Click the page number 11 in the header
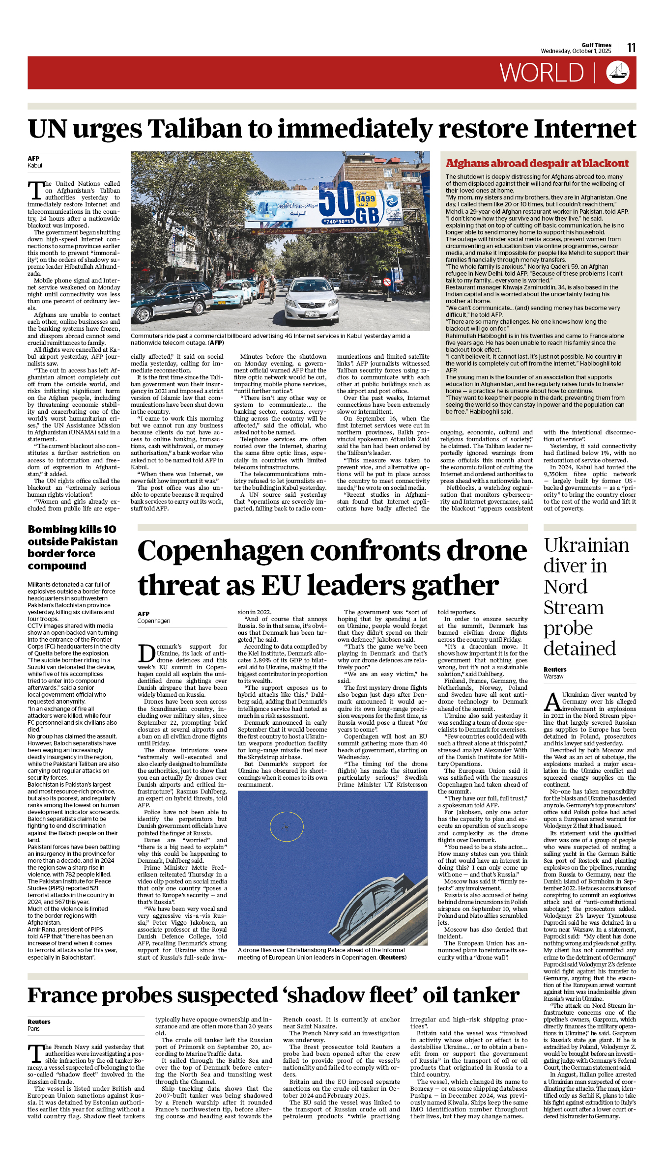point(632,48)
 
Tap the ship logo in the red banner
point(618,72)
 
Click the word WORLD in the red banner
point(542,73)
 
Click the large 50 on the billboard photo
point(337,199)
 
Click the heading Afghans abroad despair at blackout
point(537,164)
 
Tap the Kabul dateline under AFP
point(35,166)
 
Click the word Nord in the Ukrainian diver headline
point(565,587)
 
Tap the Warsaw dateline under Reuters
point(553,677)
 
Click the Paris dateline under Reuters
point(33,1028)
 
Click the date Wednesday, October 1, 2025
point(576,51)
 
